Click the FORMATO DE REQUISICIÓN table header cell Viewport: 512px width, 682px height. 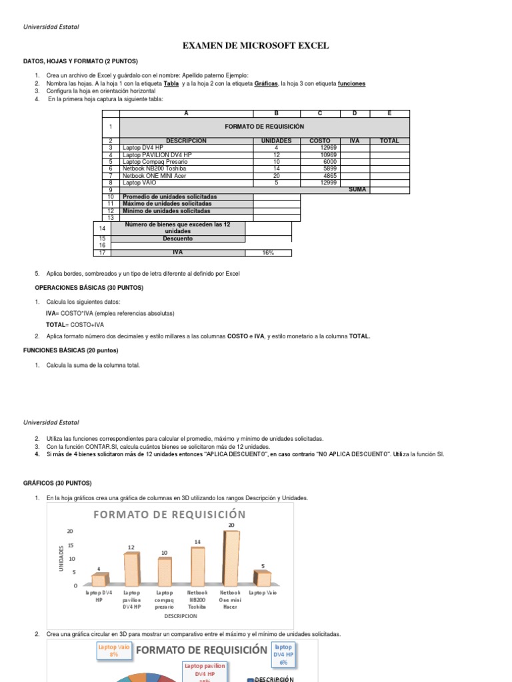(x=264, y=127)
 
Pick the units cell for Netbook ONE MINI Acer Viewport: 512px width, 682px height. (x=276, y=176)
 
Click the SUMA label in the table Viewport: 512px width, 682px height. (x=357, y=190)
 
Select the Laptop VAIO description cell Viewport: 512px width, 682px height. (x=186, y=182)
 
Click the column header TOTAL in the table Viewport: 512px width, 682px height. (x=389, y=141)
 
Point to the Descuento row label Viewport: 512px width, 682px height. (x=177, y=238)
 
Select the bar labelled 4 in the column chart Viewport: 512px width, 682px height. (x=99, y=579)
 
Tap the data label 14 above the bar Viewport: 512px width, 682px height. (x=197, y=542)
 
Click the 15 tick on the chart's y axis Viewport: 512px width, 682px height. (x=71, y=545)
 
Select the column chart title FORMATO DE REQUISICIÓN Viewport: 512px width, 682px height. (x=169, y=514)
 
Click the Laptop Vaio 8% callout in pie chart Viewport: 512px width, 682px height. (x=113, y=651)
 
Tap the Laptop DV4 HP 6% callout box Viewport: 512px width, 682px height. (x=283, y=653)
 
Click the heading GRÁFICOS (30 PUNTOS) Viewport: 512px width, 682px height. (x=63, y=483)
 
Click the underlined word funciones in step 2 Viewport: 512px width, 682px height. (x=351, y=84)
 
